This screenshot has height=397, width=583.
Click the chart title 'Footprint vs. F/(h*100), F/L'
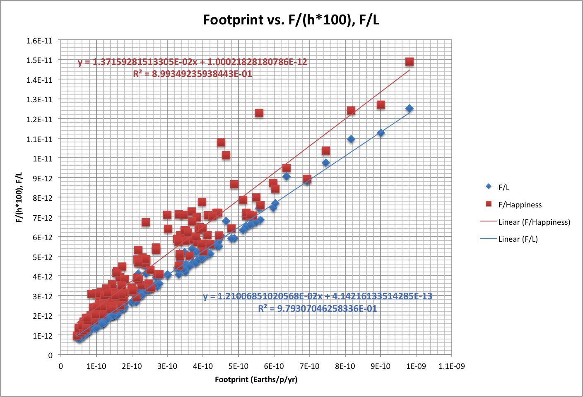pos(291,19)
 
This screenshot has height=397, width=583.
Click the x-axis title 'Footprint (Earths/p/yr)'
pos(256,379)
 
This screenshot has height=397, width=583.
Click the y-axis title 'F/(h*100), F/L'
pos(19,197)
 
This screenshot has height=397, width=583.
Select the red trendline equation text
pos(193,62)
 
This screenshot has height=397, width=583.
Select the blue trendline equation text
pos(318,296)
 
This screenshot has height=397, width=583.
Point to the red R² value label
pos(193,74)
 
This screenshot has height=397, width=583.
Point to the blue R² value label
pos(318,309)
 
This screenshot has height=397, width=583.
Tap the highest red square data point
pos(410,62)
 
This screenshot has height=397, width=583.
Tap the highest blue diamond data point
pos(410,108)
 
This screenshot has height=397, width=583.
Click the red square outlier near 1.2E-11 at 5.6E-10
pos(259,113)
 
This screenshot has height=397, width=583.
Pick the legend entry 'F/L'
pos(503,187)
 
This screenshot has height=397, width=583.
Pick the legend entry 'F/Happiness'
pos(520,205)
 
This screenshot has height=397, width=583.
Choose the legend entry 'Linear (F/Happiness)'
pos(534,222)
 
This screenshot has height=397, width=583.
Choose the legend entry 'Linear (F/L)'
pos(518,239)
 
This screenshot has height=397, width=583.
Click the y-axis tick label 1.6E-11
pos(39,41)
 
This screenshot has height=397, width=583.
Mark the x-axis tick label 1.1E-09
pos(451,366)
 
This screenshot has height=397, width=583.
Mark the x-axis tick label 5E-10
pos(238,366)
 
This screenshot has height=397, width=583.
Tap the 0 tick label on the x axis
pos(61,366)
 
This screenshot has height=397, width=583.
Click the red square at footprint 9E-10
pos(381,105)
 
